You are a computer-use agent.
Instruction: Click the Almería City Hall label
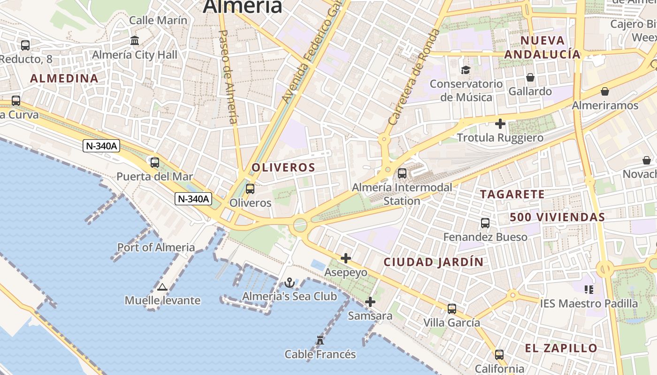point(135,55)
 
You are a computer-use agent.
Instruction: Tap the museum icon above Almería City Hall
point(135,41)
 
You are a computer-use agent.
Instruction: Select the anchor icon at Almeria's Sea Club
point(290,283)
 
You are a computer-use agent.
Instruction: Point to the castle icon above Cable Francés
point(320,340)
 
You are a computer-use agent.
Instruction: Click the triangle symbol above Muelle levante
point(162,287)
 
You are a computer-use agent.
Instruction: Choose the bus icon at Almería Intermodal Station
point(402,173)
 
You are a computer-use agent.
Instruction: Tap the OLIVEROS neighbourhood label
point(283,167)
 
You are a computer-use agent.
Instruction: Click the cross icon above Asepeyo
point(346,258)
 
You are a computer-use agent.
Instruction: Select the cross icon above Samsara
point(370,302)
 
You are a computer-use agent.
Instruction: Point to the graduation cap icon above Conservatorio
point(466,70)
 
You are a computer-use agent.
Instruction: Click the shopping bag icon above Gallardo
point(530,77)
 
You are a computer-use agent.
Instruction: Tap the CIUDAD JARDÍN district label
point(434,262)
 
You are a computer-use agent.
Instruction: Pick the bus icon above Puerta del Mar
point(155,163)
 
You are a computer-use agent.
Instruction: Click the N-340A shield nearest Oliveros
point(193,199)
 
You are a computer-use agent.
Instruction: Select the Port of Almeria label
point(156,247)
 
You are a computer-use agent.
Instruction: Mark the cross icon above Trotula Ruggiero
point(500,124)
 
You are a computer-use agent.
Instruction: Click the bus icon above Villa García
point(452,309)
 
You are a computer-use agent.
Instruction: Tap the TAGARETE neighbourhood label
point(512,194)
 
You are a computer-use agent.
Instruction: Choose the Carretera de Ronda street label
point(414,77)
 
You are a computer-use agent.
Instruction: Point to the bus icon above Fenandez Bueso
point(485,223)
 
